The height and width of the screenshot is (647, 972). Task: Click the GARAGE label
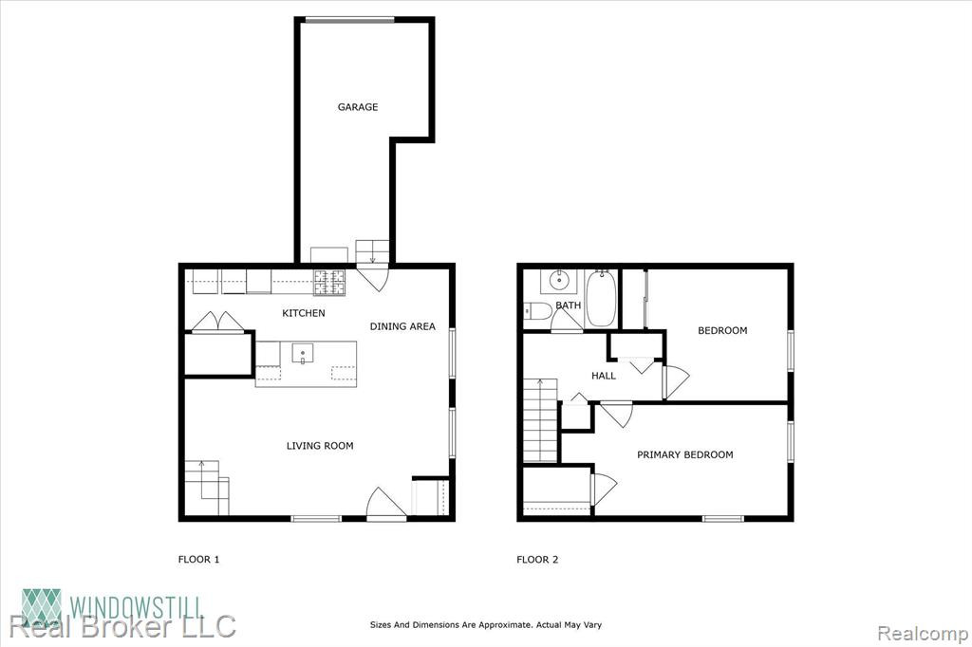pos(358,107)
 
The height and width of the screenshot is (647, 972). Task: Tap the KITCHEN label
pos(304,314)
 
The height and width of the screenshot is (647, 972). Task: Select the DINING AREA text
pos(402,326)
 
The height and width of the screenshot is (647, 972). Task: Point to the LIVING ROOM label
pos(320,446)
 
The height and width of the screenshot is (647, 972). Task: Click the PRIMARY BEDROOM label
pos(685,454)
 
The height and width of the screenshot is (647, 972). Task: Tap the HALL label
pos(603,376)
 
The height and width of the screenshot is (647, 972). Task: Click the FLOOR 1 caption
pos(199,560)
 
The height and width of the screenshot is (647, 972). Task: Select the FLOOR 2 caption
pos(537,560)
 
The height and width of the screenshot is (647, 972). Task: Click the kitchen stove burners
pos(329,282)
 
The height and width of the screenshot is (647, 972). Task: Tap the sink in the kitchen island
pos(303,353)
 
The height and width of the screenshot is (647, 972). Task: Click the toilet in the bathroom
pos(537,310)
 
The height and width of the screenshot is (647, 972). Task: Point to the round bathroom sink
pos(559,281)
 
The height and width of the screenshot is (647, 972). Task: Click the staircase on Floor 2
pos(540,420)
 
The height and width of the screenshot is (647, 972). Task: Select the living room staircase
pos(208,487)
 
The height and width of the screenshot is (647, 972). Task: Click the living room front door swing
pos(385,502)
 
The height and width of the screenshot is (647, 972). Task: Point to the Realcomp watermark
pos(923,634)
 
